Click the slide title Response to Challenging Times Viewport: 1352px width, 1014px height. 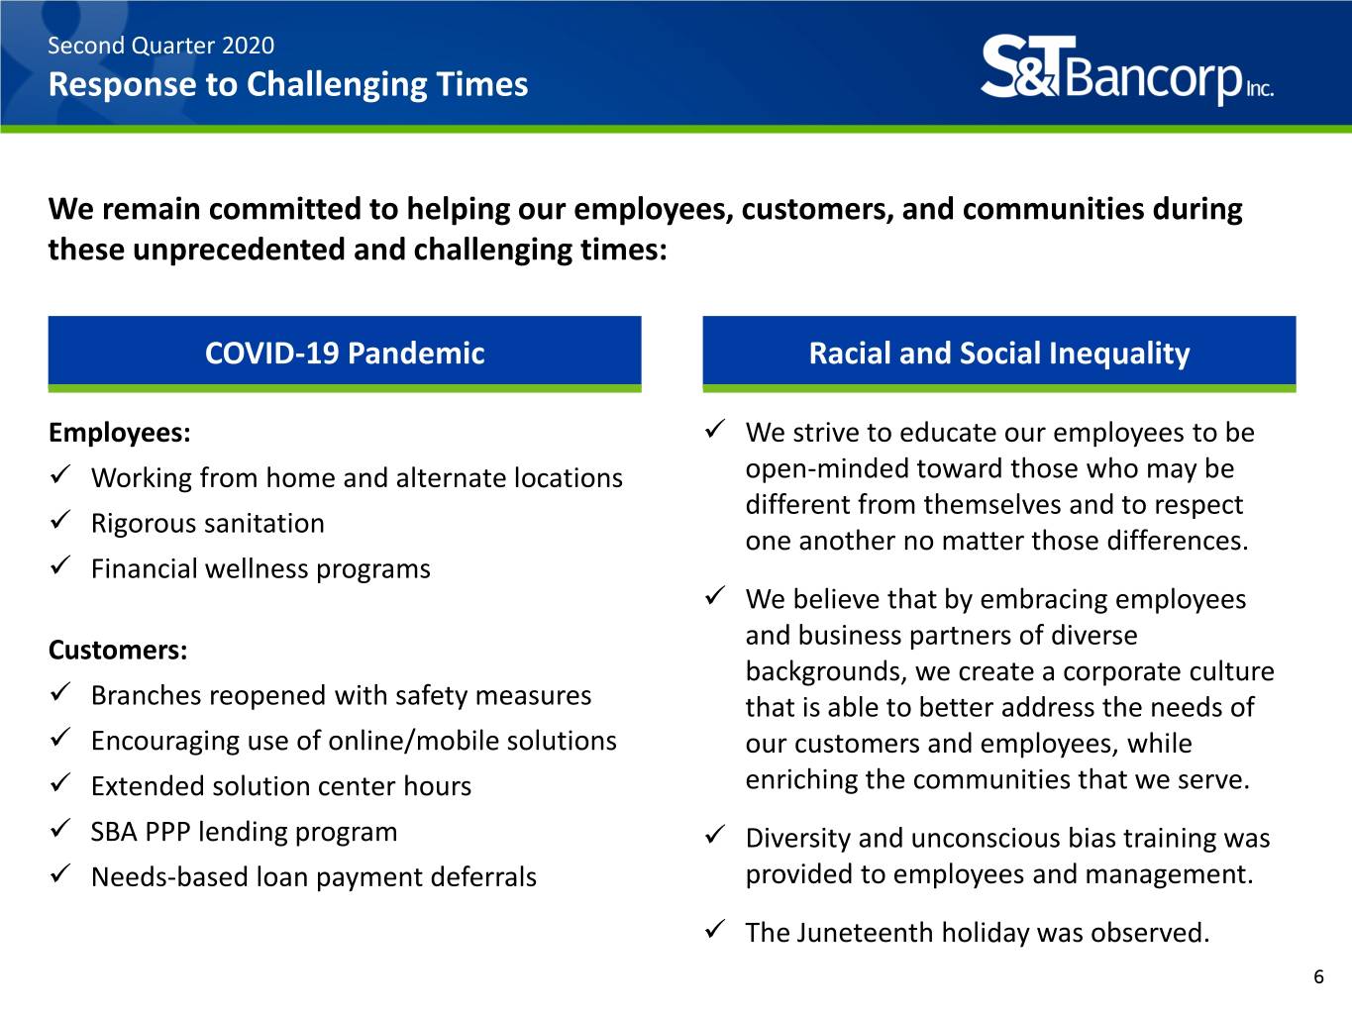point(288,85)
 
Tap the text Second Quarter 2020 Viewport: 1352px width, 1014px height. point(160,46)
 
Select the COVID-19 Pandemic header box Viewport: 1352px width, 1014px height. point(345,354)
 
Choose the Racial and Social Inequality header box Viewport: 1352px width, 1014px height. point(999,354)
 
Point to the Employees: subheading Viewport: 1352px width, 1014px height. point(120,433)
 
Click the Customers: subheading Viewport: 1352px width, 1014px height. point(118,651)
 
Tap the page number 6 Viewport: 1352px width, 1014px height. point(1318,976)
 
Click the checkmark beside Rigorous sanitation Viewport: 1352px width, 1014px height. point(60,520)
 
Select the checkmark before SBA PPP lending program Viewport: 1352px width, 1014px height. point(60,829)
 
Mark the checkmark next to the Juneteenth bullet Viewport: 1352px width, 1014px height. point(714,929)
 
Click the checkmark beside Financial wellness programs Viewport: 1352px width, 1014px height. point(60,565)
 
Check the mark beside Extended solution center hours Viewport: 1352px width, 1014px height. point(60,783)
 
